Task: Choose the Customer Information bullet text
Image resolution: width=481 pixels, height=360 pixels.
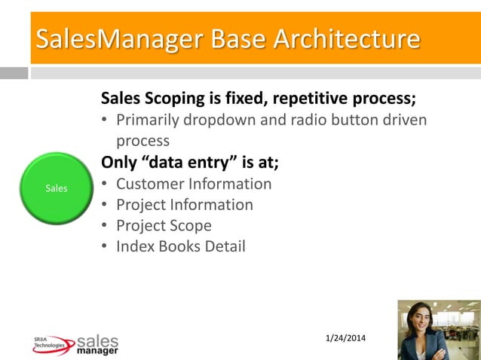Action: pos(194,184)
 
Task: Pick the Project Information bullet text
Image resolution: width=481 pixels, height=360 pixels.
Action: pos(185,205)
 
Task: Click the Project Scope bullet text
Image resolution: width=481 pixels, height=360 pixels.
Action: pos(164,225)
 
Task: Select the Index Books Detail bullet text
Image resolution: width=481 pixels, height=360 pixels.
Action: pos(181,246)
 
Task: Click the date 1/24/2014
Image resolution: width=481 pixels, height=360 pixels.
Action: pos(345,337)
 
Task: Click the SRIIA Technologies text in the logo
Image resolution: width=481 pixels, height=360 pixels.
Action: pos(49,343)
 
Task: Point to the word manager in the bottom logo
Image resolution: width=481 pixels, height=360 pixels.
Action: pos(97,350)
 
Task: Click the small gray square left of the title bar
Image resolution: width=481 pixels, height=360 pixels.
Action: pos(14,73)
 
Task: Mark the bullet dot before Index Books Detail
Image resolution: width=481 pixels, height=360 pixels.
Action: pos(105,247)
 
